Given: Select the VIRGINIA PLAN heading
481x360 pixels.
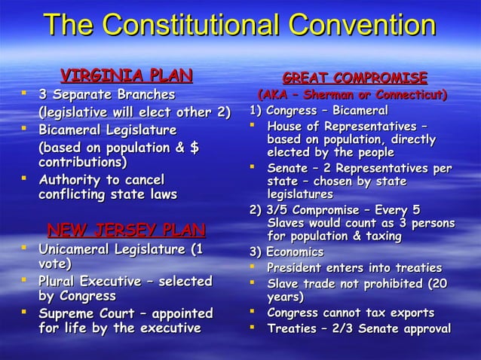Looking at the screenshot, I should click(126, 75).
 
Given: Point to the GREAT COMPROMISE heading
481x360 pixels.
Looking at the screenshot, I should click(354, 78).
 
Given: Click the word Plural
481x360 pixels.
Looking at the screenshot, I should click(63, 281).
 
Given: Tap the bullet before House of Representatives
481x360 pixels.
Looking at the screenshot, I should click(255, 125).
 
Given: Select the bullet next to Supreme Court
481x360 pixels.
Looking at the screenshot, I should click(26, 313).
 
